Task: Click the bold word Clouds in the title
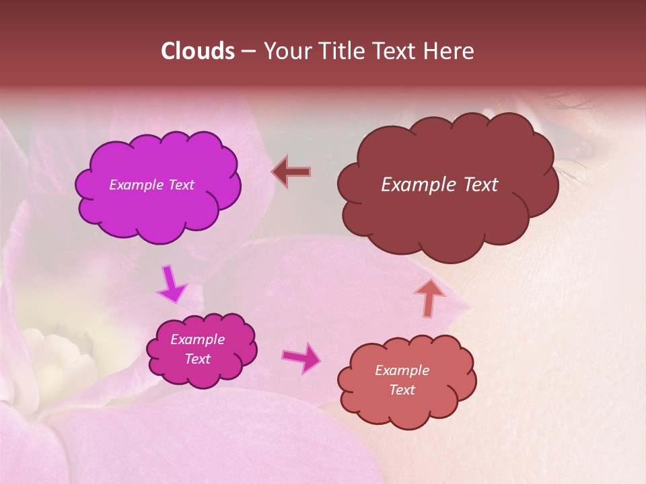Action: (x=198, y=51)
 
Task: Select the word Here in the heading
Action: (x=450, y=51)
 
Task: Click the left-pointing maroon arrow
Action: (x=291, y=171)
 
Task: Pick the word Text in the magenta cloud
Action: (x=198, y=359)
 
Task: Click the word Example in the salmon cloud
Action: (x=402, y=370)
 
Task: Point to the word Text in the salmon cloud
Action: (x=402, y=390)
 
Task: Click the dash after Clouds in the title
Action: (x=248, y=51)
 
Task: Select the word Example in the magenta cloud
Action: (x=198, y=339)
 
